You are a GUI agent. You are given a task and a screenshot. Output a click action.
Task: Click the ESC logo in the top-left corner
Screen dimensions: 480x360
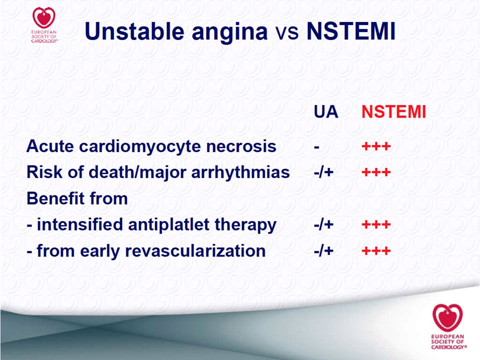click(x=44, y=25)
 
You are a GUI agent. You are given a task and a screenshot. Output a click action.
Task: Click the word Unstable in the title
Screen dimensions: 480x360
click(x=134, y=31)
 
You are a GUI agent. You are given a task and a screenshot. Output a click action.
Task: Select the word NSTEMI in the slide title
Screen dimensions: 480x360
click(x=351, y=31)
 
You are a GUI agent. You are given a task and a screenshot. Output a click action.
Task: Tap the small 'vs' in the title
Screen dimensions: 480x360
click(x=287, y=33)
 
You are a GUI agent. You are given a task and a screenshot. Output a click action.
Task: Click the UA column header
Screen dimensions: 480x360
click(x=325, y=111)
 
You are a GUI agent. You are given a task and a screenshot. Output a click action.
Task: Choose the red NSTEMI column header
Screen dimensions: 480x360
click(x=393, y=111)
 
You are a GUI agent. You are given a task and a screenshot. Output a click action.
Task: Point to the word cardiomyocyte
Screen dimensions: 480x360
click(x=140, y=147)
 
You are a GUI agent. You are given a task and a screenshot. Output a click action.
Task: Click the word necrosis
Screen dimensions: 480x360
click(x=241, y=146)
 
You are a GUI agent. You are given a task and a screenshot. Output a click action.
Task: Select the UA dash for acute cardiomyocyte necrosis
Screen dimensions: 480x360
click(x=316, y=147)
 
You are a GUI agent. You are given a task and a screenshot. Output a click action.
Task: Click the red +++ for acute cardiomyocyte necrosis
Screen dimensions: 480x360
click(x=376, y=146)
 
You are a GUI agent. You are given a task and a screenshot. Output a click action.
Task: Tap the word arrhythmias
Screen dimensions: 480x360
click(x=240, y=173)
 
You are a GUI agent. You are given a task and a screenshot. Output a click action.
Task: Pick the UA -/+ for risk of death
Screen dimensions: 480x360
click(x=323, y=172)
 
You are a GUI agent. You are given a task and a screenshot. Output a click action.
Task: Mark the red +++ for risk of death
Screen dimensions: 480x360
click(x=376, y=172)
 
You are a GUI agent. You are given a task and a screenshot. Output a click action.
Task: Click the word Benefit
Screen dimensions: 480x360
click(x=52, y=198)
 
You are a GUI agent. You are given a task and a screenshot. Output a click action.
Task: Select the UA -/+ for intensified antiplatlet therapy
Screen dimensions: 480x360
click(x=323, y=225)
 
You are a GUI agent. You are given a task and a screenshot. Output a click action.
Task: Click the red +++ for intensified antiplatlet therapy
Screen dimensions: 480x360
click(x=376, y=225)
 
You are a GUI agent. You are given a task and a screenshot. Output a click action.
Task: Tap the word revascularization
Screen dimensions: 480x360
click(x=195, y=251)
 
